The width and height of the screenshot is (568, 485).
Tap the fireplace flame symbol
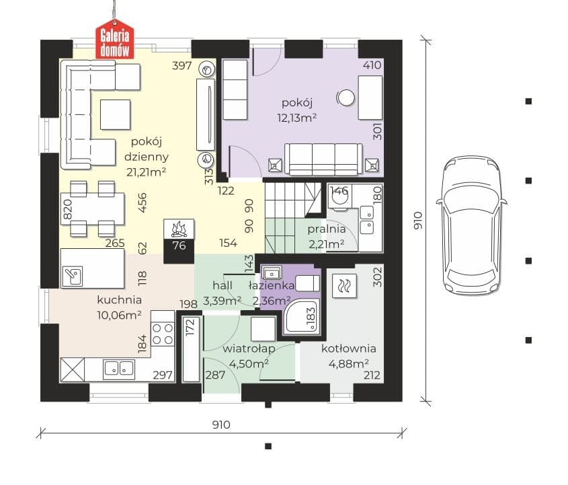coord(179,229)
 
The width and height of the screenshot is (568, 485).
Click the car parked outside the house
coord(471,226)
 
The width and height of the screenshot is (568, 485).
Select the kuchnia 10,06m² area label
coord(119,307)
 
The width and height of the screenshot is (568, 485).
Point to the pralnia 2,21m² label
coord(327,237)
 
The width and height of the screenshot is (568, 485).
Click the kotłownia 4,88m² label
coord(348,356)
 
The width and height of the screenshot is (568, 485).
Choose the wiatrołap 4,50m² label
coord(249,356)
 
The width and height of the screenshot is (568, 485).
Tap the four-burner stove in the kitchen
coord(163,334)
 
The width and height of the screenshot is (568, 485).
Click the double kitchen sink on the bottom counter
coord(119,369)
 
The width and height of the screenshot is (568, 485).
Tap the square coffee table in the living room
coord(115,114)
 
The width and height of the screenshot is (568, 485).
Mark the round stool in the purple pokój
coord(346,98)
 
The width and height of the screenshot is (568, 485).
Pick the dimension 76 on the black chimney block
coord(179,246)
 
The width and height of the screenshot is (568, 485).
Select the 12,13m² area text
coord(297,118)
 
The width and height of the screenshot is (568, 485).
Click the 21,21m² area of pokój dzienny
coord(147,172)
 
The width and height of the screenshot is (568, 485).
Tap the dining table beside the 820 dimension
coord(93,209)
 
